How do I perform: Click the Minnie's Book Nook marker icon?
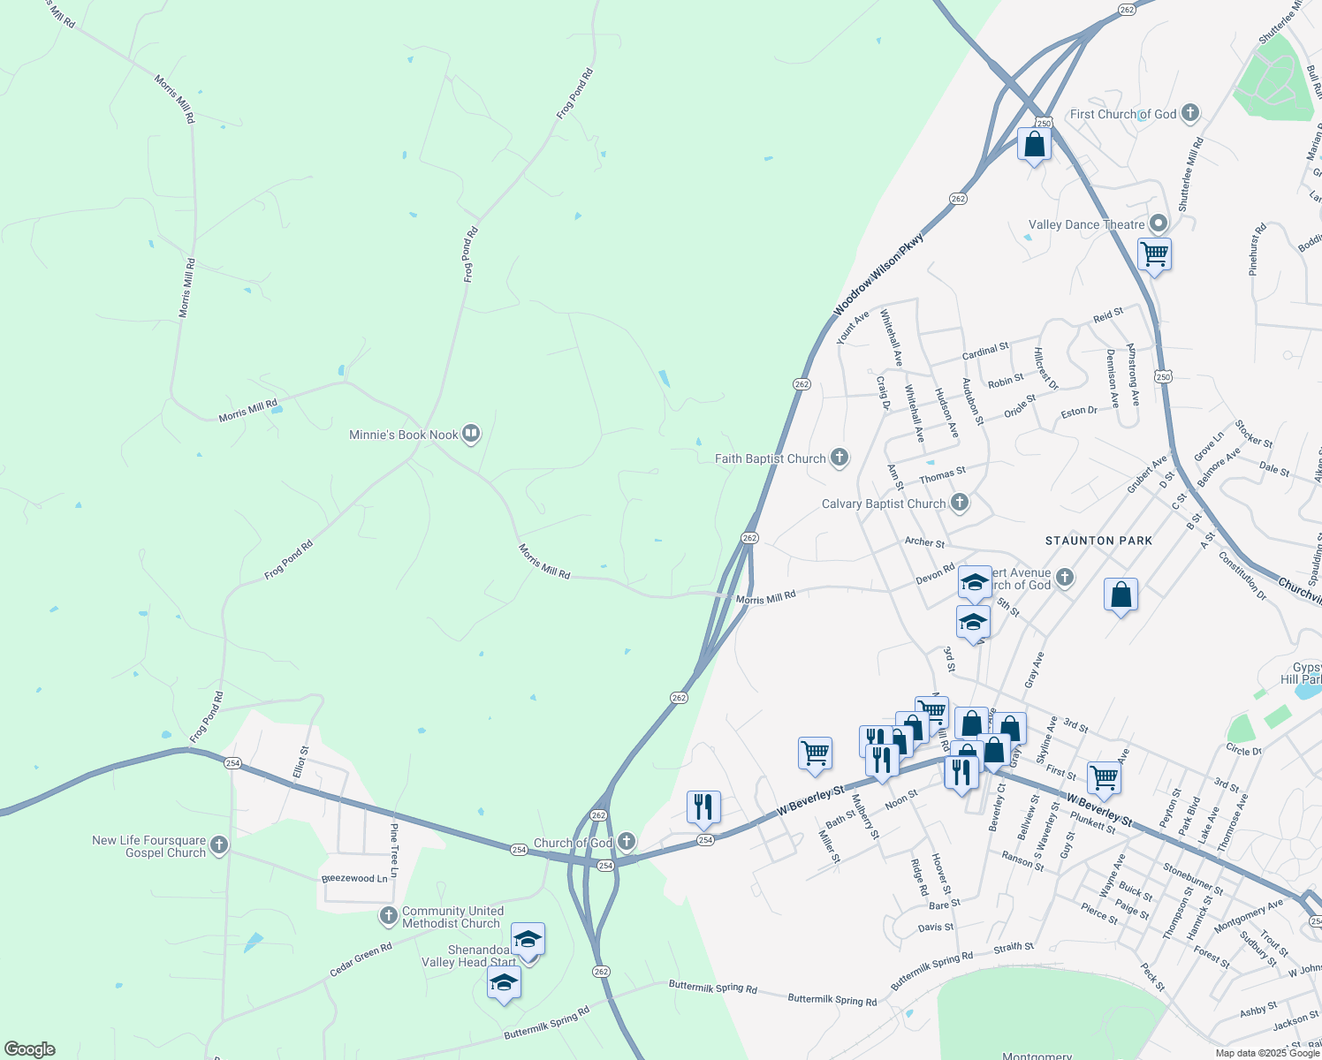click(471, 434)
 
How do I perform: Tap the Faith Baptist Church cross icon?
click(840, 458)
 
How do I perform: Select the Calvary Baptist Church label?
click(884, 503)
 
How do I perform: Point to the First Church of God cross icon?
click(1190, 113)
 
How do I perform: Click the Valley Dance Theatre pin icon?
click(1159, 223)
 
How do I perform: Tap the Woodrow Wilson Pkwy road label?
click(878, 274)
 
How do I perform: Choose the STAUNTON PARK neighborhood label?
click(1098, 541)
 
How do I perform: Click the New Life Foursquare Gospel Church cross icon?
click(219, 845)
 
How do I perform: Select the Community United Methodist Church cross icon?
click(389, 916)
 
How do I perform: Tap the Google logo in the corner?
click(29, 1049)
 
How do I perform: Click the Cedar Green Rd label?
click(361, 960)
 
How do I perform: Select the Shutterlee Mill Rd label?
click(1190, 173)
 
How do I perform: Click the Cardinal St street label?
click(985, 351)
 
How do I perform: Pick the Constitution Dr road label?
click(1242, 575)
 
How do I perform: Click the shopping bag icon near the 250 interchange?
click(1034, 144)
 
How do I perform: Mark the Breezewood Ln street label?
click(354, 879)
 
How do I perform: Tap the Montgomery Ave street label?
click(1249, 915)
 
